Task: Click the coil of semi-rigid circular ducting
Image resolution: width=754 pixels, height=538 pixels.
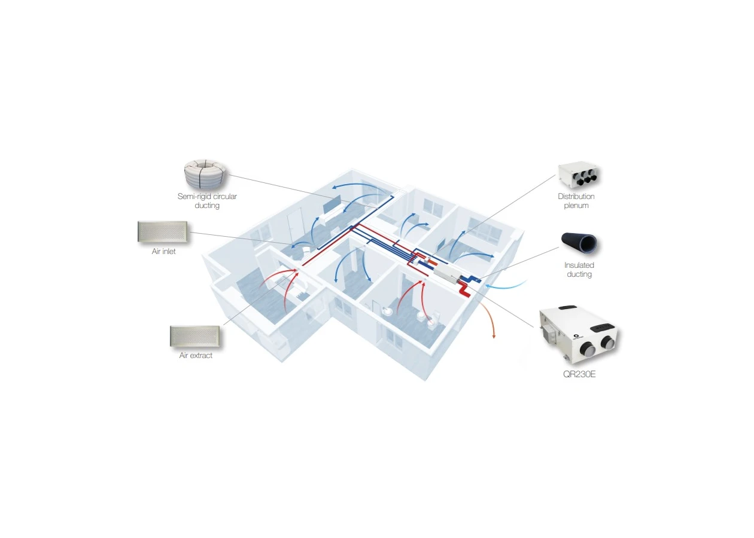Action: click(x=205, y=174)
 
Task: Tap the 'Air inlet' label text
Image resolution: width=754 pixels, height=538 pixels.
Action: click(x=163, y=251)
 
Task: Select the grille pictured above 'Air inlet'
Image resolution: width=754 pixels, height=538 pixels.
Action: click(x=163, y=232)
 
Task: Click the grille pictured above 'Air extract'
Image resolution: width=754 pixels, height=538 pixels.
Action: click(x=195, y=336)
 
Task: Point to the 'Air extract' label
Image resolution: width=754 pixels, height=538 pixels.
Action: click(x=196, y=356)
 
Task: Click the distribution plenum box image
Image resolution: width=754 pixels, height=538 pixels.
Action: click(x=577, y=175)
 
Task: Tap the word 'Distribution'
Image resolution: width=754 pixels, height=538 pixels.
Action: click(x=576, y=196)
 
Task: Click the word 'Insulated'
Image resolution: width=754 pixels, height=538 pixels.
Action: click(x=579, y=265)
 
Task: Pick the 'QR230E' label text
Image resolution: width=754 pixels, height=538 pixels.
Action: click(x=579, y=374)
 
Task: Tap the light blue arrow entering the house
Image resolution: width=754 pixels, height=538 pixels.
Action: click(x=506, y=286)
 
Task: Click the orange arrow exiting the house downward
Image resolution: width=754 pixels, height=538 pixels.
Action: click(x=488, y=319)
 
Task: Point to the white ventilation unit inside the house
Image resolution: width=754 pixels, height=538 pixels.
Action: click(x=445, y=273)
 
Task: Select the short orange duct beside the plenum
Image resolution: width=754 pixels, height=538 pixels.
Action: click(x=433, y=261)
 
